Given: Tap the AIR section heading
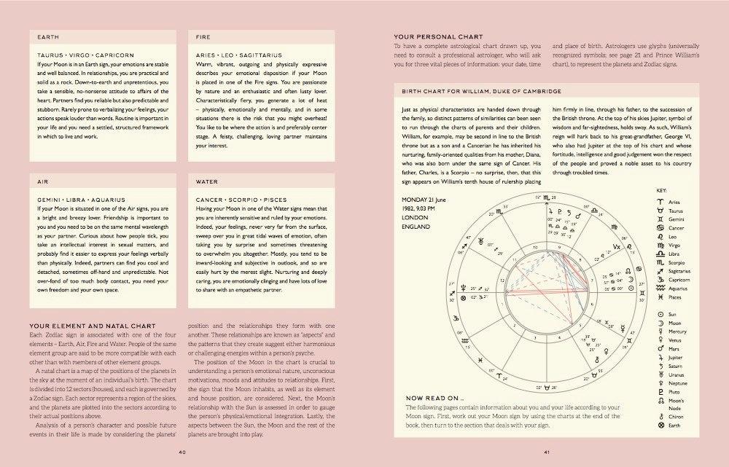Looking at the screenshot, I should coord(42,181).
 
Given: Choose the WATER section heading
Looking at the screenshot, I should coord(208,181).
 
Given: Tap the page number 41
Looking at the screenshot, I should coord(547,451).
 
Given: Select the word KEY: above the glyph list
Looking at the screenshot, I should coord(661,190).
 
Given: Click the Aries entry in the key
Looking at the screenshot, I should coord(674,201).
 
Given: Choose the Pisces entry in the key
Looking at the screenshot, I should coord(675,297).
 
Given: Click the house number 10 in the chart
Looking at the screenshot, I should coord(557,248).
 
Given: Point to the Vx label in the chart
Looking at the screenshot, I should coord(617,247).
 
